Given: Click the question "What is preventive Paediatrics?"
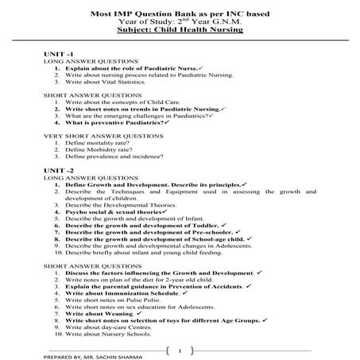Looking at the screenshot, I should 116,123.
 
